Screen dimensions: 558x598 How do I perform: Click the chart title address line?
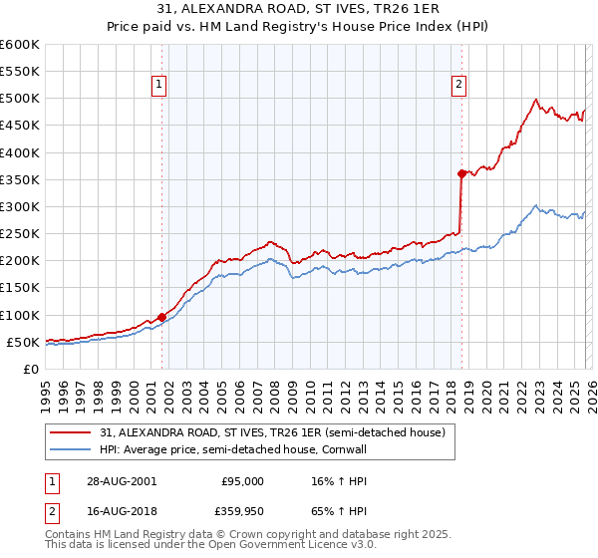pos(298,10)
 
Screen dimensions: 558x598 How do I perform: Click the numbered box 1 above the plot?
pos(160,85)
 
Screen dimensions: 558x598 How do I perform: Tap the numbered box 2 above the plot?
pos(459,85)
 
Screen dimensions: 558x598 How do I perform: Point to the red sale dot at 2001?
pos(161,317)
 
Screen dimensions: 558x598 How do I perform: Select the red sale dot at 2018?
pos(461,173)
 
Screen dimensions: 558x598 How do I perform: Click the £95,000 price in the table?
pos(243,480)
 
